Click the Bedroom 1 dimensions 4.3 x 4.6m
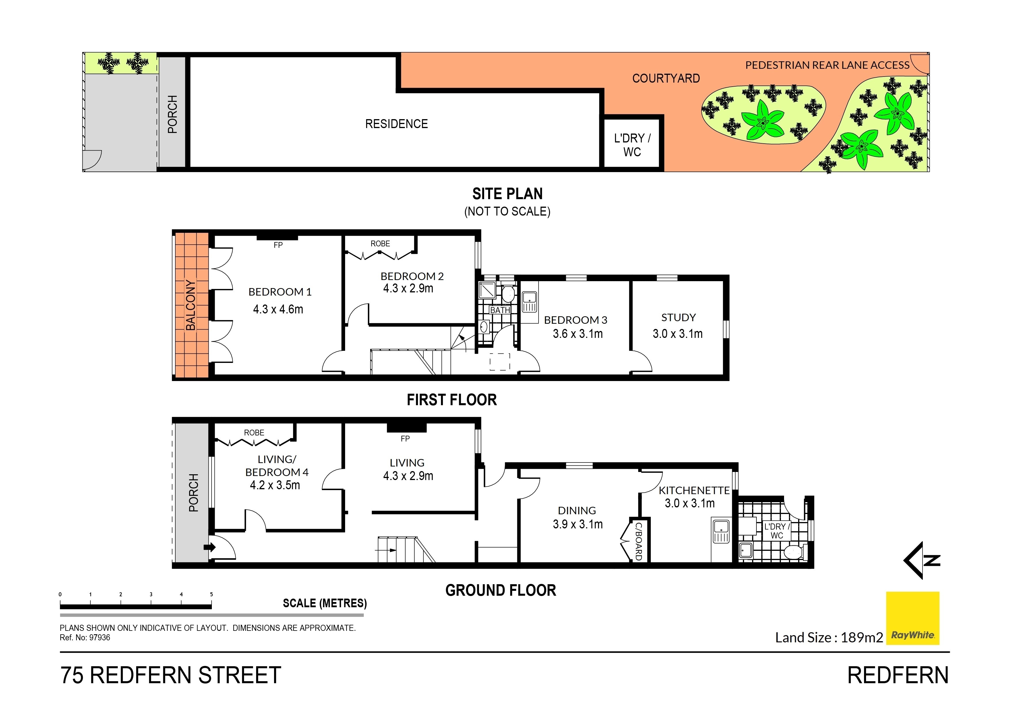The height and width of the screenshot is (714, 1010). coord(278,309)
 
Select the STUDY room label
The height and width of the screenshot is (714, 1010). coord(678,318)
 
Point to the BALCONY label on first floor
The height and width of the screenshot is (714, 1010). coord(191,305)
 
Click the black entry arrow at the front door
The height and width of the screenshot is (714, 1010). coord(209,547)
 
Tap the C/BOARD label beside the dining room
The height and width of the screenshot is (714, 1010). coord(638,541)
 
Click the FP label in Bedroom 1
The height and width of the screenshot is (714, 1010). coord(278,245)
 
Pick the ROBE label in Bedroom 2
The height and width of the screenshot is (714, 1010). coord(380,244)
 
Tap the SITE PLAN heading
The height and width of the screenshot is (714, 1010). coord(507,194)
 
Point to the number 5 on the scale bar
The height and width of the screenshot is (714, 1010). coord(211,594)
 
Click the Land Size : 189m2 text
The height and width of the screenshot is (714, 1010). coord(829,637)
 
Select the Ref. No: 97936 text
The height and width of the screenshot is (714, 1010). coord(85,637)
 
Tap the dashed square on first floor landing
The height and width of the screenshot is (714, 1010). coord(500,362)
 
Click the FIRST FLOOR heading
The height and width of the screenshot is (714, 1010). coord(452,400)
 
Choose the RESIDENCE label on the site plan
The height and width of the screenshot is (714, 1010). coord(396,124)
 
